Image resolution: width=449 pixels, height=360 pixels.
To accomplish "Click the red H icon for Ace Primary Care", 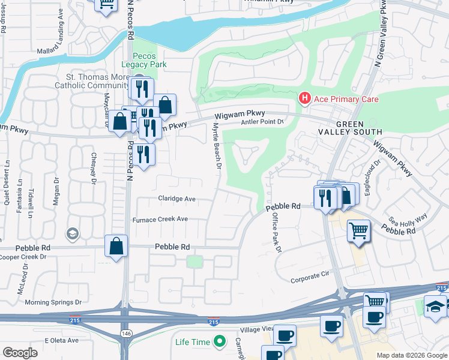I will click(305, 98).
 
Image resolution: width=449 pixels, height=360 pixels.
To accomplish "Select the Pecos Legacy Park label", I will click(144, 59).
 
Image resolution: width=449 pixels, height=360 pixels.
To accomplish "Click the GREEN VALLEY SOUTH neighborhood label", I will click(359, 128).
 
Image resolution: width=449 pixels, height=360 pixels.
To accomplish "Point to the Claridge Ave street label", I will click(176, 199).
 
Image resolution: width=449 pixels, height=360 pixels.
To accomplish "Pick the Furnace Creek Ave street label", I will click(160, 220).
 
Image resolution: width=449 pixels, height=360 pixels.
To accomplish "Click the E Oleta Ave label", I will click(62, 340).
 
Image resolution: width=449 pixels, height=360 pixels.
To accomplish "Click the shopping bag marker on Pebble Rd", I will click(116, 245).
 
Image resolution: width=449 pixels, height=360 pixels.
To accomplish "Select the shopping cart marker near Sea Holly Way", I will click(358, 230).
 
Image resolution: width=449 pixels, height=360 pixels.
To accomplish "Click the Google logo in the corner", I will click(20, 353).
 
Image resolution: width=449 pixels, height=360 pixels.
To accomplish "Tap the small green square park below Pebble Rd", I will click(194, 262).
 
